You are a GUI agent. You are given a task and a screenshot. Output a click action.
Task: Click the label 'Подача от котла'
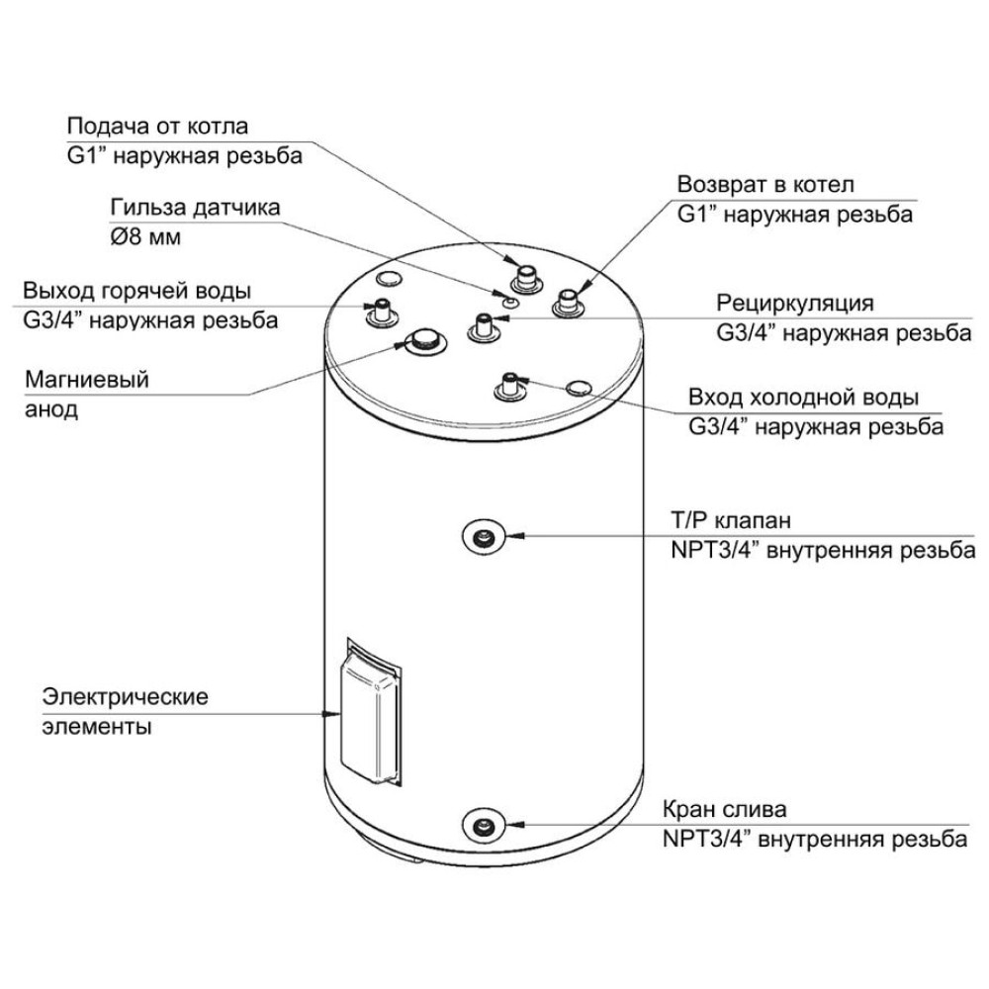click(x=157, y=127)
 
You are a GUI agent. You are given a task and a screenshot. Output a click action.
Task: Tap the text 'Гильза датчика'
click(x=194, y=209)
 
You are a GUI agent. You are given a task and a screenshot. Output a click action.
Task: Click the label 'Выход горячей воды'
click(x=136, y=291)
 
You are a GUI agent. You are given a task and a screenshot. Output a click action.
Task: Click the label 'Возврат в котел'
click(x=764, y=185)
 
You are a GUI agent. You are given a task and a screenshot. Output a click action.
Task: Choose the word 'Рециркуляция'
click(x=796, y=303)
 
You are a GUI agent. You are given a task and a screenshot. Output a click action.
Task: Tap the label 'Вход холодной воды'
click(x=804, y=397)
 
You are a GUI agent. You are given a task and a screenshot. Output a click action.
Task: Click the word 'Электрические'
click(x=125, y=696)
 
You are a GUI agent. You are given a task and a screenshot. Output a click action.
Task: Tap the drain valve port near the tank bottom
click(x=482, y=826)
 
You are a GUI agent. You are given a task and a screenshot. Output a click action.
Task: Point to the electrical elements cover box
click(x=368, y=714)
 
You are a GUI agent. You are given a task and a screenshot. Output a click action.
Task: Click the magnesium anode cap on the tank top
click(x=424, y=339)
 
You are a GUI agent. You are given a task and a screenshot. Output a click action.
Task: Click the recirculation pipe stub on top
click(x=483, y=325)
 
